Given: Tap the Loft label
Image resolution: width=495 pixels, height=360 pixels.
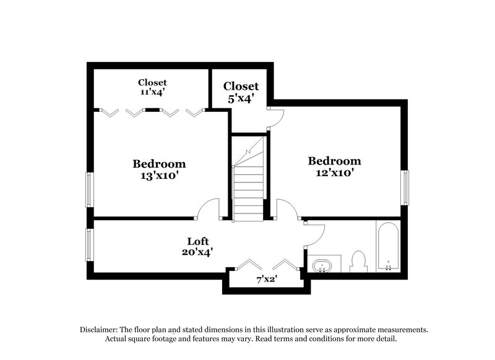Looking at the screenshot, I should click(198, 241).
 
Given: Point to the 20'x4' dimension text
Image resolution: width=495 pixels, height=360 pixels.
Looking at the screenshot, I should click(198, 252).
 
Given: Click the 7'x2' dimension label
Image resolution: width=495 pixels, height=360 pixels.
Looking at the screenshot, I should click(267, 280).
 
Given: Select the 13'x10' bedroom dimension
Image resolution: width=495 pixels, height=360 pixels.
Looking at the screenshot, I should click(159, 175).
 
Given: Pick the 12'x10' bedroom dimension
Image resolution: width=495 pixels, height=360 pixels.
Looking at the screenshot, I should click(335, 173).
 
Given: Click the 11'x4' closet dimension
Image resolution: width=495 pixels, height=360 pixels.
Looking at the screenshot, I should click(152, 92).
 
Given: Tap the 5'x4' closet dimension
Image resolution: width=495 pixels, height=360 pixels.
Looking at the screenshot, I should click(241, 97).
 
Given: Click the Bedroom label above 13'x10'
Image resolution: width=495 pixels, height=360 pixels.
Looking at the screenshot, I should click(159, 164).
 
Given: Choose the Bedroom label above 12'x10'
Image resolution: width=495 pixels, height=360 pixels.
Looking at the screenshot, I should click(335, 161).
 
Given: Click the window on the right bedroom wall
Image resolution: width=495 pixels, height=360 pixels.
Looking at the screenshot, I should click(405, 187).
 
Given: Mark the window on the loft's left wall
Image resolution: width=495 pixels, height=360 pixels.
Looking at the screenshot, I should click(89, 245).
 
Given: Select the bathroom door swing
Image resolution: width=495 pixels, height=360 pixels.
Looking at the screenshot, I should click(316, 233).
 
